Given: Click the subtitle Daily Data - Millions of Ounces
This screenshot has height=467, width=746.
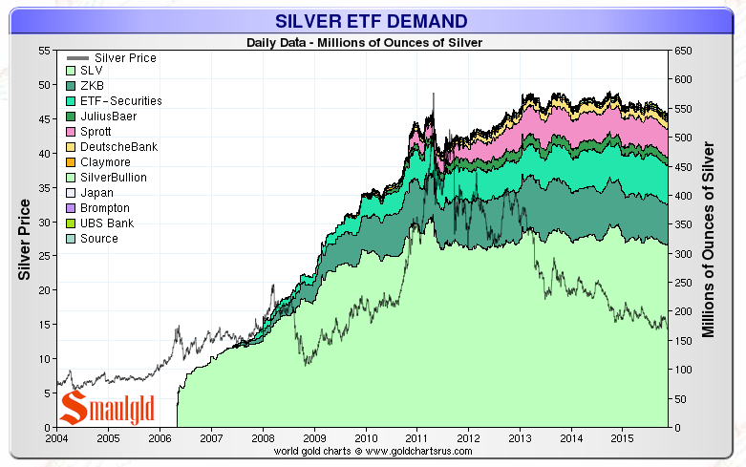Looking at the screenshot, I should [364, 42].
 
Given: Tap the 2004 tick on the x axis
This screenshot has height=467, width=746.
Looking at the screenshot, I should [56, 437].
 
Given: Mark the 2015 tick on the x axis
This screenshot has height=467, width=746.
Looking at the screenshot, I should [622, 437].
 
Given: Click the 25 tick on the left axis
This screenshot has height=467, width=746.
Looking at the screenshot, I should [43, 256].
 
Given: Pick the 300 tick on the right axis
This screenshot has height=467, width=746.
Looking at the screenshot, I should [682, 253].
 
